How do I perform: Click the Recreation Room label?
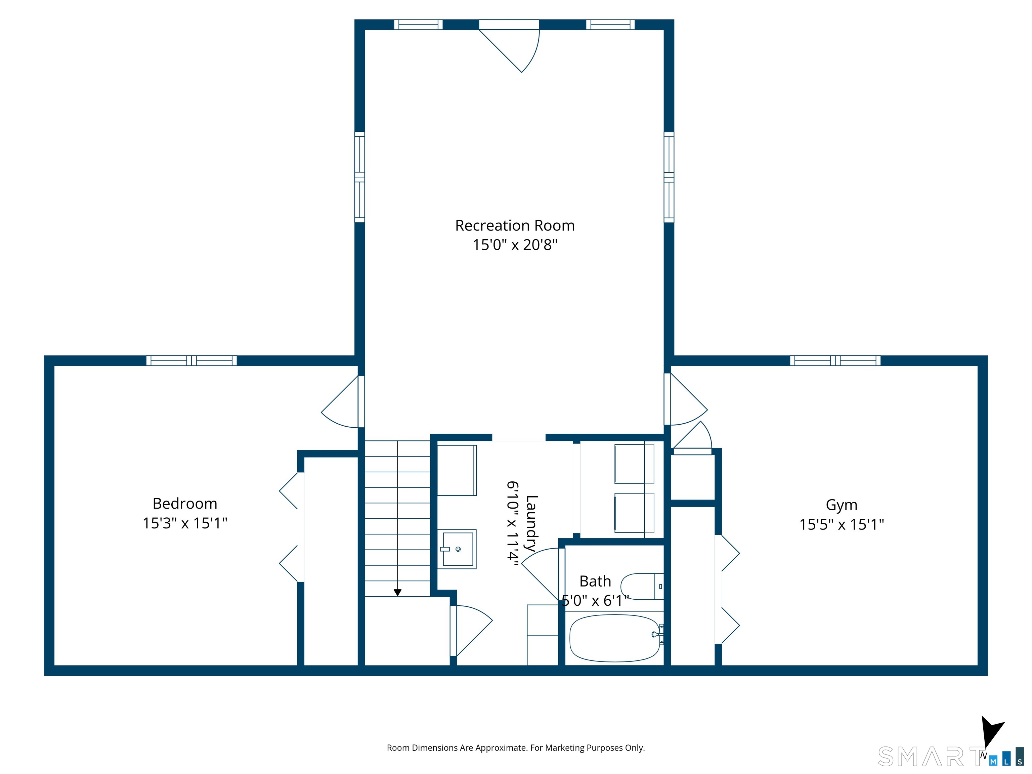(x=515, y=225)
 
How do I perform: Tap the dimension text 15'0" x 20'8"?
(x=515, y=245)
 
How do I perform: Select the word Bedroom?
(x=185, y=504)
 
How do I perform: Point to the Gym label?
(x=841, y=505)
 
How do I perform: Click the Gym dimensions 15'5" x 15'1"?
(x=841, y=524)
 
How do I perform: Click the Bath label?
(x=595, y=581)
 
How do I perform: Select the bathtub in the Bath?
(x=615, y=638)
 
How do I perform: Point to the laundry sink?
(x=457, y=549)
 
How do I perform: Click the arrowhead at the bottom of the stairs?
(x=397, y=593)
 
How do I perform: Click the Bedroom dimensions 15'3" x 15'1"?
(x=185, y=523)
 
